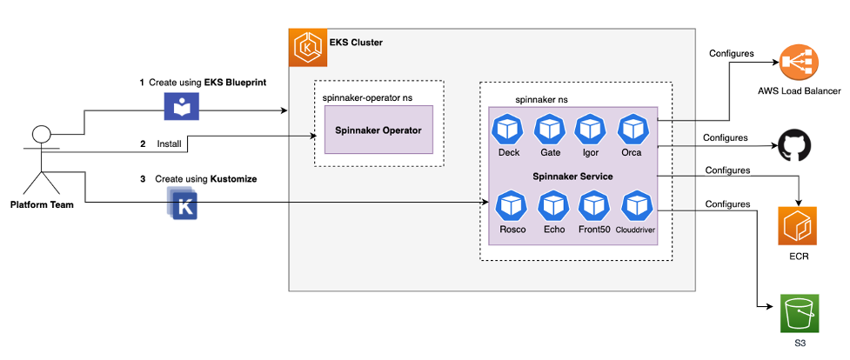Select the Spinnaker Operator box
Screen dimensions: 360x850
tap(378, 130)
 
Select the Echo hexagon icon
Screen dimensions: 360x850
tap(554, 208)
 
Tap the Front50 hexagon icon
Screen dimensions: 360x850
tap(595, 208)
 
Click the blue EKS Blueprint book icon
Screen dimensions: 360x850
tap(183, 106)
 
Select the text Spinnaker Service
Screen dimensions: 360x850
tap(572, 177)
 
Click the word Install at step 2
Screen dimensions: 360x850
tap(169, 143)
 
